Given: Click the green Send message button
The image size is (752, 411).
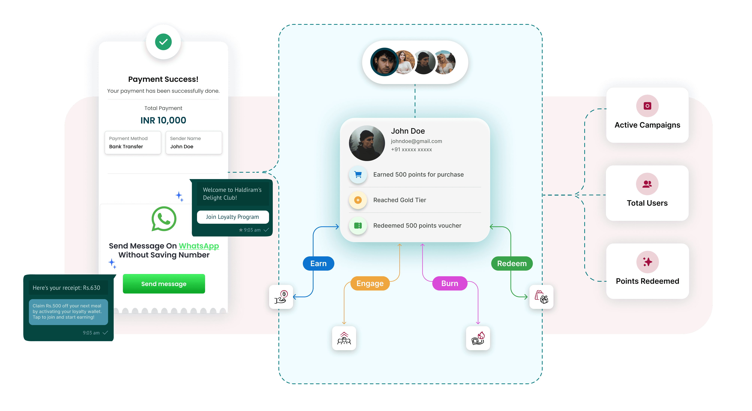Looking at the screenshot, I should [x=164, y=284].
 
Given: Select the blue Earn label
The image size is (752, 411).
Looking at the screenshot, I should [x=318, y=264].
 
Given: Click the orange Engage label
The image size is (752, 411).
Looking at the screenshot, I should [x=370, y=283].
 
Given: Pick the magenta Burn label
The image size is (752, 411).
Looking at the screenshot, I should [x=450, y=283].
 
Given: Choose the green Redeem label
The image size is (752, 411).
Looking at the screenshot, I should [x=512, y=264].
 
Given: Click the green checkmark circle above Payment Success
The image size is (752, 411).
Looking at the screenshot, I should [x=163, y=42].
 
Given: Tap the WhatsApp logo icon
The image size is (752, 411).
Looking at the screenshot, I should [x=164, y=219].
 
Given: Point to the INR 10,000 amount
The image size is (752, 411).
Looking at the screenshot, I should [x=163, y=120].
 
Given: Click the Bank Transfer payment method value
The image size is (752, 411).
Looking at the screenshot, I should [x=126, y=147].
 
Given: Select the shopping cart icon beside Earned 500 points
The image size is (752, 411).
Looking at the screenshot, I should [x=358, y=175].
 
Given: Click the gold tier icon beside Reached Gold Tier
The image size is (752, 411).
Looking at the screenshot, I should [x=358, y=200].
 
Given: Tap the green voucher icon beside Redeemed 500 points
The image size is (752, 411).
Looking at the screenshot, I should [x=358, y=226].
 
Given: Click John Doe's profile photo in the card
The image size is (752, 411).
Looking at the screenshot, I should [x=367, y=143].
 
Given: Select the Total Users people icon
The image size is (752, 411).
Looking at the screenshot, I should [x=647, y=184].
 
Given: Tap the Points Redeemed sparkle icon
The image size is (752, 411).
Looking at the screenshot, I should [x=647, y=262].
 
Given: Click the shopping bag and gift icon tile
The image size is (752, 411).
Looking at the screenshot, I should [x=541, y=297].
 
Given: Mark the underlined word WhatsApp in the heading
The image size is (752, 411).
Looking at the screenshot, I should [x=199, y=246].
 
